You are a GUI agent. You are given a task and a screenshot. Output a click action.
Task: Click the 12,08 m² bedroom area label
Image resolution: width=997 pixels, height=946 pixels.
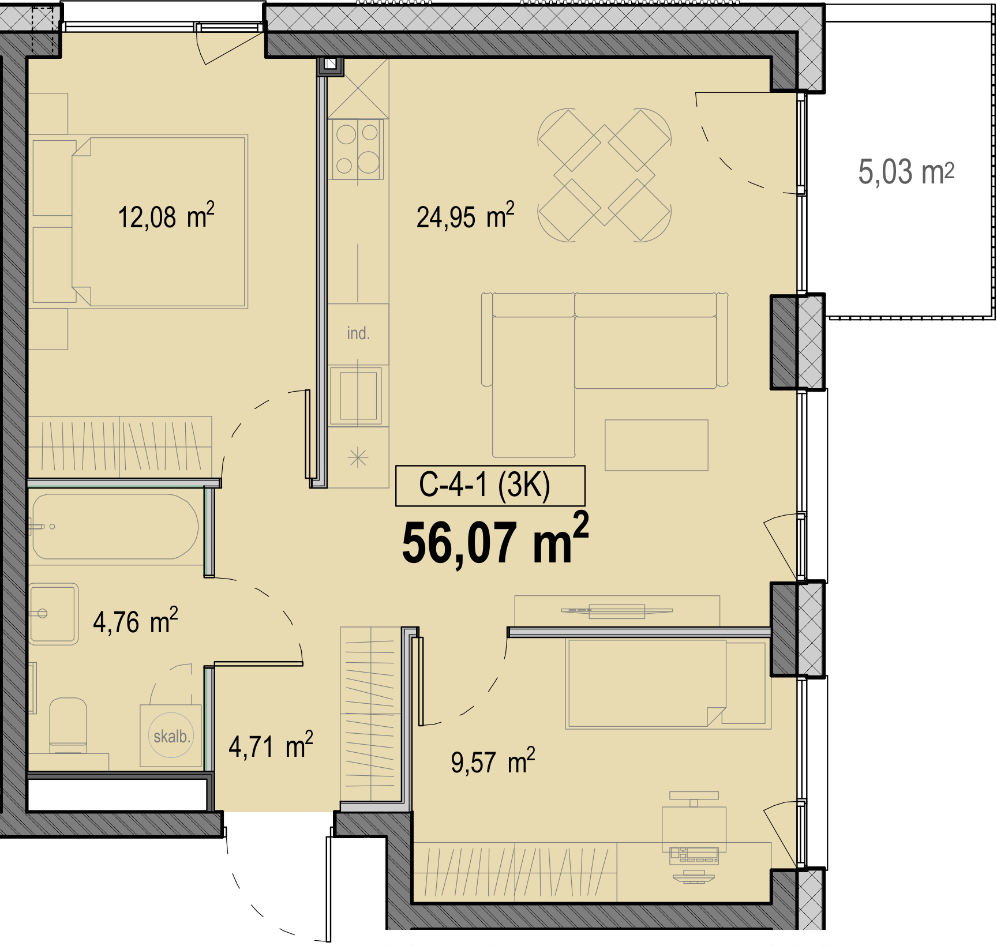166,216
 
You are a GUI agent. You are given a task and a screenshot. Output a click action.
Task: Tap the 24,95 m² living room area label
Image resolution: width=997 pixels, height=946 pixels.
465,216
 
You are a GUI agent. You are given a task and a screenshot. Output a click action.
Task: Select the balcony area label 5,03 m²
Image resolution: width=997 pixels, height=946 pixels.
906,172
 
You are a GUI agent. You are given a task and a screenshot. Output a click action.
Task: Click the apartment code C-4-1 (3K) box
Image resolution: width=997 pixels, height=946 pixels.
490,485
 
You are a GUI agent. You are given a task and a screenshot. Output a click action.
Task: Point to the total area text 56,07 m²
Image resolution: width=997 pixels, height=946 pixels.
495,539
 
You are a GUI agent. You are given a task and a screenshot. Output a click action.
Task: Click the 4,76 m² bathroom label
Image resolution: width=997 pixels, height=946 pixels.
136,621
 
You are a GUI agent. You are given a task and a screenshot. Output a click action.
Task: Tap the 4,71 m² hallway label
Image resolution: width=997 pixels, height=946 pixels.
271,745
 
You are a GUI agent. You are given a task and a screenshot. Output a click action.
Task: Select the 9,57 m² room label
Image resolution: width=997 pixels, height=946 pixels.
493,761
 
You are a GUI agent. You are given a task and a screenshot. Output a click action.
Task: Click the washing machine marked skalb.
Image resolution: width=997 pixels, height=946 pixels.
171,735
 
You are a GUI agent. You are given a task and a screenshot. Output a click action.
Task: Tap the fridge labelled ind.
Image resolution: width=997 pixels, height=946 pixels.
358,334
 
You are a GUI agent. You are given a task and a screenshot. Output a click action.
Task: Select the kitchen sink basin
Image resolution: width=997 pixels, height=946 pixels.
358,396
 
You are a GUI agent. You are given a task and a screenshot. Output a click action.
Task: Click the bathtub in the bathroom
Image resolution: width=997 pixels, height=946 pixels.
115,527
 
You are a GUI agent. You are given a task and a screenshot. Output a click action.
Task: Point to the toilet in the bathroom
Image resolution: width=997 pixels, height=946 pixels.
68,725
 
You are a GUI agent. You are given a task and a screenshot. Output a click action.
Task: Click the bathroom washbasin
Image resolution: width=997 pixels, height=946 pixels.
53,613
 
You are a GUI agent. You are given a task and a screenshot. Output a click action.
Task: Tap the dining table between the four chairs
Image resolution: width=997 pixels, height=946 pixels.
604,175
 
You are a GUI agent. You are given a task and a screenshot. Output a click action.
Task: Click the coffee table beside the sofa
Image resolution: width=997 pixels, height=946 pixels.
656,445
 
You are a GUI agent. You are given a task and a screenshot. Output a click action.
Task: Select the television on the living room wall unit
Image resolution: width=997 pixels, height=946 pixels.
617,611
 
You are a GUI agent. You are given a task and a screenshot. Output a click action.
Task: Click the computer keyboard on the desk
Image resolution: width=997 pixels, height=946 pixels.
694,855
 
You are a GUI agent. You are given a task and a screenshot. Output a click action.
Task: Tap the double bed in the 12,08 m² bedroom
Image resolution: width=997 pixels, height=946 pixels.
159,222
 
